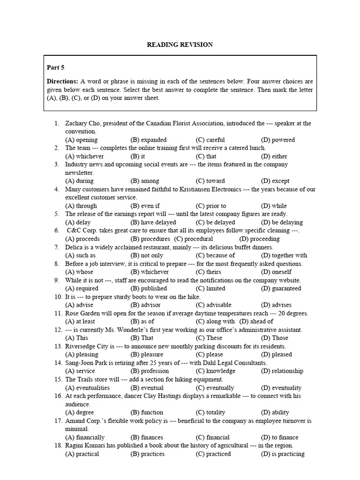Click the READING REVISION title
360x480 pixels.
(x=180, y=45)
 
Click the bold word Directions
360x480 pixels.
(x=62, y=81)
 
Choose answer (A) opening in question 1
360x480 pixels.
(x=81, y=140)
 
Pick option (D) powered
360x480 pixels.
(x=277, y=140)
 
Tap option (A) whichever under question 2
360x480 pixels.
(x=84, y=156)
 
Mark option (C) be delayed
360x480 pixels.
(x=215, y=222)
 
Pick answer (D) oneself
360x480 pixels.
(x=276, y=272)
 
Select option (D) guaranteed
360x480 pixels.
(x=281, y=288)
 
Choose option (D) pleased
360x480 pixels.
(x=276, y=354)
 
